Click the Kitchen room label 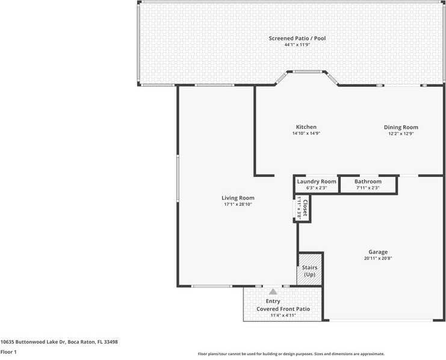point(306,127)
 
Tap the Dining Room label point(401,127)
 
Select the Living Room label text point(238,198)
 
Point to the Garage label point(378,252)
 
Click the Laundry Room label point(317,181)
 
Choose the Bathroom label point(368,181)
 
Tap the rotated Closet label point(305,208)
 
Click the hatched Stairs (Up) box point(309,271)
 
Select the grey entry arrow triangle point(273,291)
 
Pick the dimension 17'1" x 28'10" point(238,205)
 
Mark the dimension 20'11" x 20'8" point(378,258)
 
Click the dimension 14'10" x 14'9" point(306,134)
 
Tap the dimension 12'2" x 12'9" point(401,134)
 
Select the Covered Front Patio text point(283,309)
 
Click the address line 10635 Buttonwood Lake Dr point(59,341)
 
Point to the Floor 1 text point(8,352)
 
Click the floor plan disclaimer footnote point(291,354)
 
